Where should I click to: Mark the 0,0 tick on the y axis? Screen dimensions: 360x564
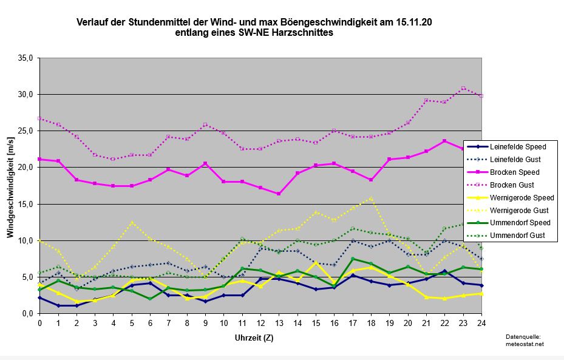[x=29, y=313]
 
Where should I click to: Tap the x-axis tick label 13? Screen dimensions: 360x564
[x=279, y=322]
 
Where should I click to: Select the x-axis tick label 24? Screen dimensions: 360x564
[x=481, y=322]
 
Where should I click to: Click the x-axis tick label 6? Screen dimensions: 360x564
[x=151, y=322]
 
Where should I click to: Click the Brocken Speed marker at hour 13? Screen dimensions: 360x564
[x=279, y=194]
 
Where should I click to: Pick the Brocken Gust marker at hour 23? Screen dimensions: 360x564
[x=463, y=88]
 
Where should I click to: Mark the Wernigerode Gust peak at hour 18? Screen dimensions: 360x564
[x=372, y=198]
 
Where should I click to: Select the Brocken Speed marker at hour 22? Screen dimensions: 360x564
[x=445, y=141]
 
